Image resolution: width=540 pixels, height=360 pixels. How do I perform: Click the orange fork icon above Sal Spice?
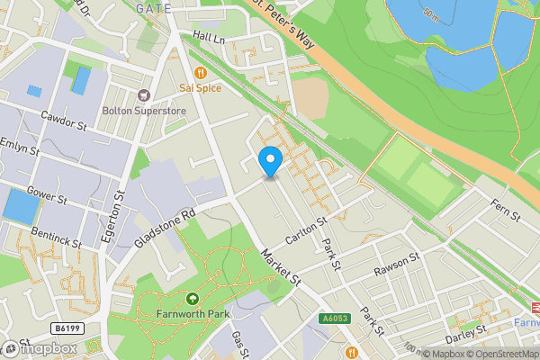coord(201,72)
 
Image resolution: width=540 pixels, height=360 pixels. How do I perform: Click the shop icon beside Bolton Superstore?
coord(141,94)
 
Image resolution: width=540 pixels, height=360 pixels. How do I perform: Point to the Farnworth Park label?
coord(192,314)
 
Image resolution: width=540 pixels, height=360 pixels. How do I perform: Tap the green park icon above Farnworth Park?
coord(191,299)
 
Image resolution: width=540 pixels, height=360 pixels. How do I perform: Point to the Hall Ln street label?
coord(207,37)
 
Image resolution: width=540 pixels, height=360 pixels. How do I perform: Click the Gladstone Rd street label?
coord(164,230)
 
